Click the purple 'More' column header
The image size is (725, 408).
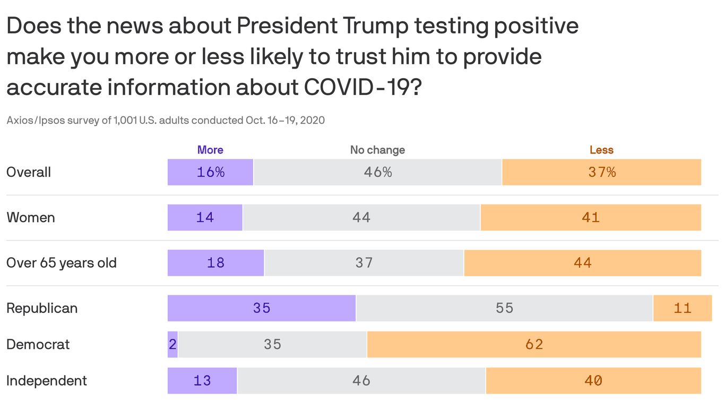click(x=210, y=150)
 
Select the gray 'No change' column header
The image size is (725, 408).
click(x=377, y=150)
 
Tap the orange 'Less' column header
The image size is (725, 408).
click(x=601, y=150)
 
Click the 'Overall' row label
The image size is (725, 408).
click(x=29, y=172)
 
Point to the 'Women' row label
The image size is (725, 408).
click(x=30, y=217)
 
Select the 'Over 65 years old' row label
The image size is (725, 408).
click(x=62, y=263)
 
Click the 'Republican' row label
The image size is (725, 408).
click(x=42, y=308)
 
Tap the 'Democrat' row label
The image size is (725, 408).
click(x=38, y=344)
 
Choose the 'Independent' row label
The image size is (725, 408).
click(x=47, y=380)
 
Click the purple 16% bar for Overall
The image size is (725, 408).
click(x=210, y=172)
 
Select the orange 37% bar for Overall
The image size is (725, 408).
click(x=601, y=172)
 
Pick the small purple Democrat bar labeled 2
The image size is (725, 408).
click(x=172, y=344)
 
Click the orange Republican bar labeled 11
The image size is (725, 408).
click(x=683, y=308)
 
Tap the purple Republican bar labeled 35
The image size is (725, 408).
click(x=262, y=308)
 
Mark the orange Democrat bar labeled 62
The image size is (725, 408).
click(x=534, y=344)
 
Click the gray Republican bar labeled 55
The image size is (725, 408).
click(x=504, y=308)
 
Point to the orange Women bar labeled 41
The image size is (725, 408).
click(x=591, y=217)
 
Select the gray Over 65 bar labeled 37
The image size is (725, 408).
click(x=364, y=263)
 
